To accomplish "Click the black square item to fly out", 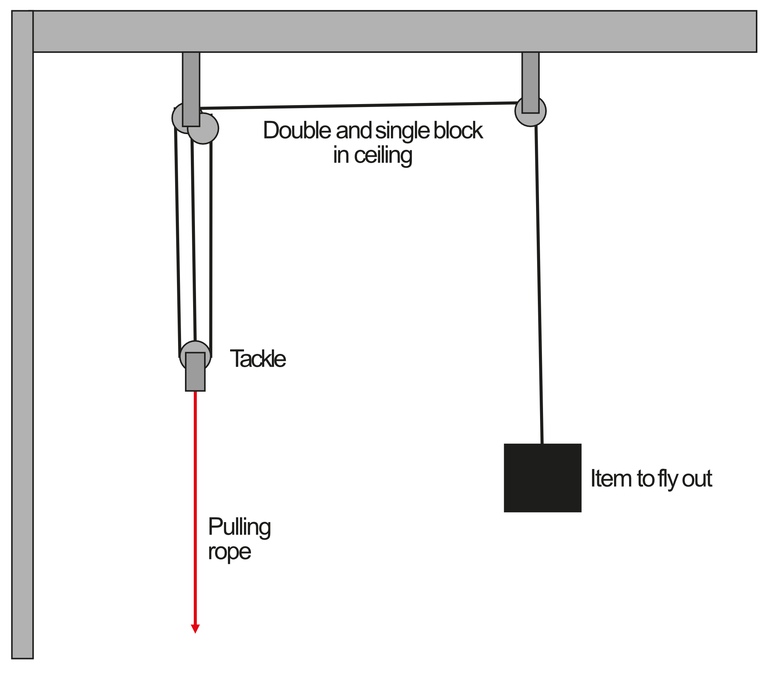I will (542, 477).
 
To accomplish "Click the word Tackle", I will (258, 359).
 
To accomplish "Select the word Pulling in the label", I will (239, 527).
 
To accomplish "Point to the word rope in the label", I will (229, 552).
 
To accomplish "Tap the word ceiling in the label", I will (383, 155).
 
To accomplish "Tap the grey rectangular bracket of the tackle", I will (195, 372).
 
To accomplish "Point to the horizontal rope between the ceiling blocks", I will (358, 106).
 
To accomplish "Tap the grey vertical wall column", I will (22, 340).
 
